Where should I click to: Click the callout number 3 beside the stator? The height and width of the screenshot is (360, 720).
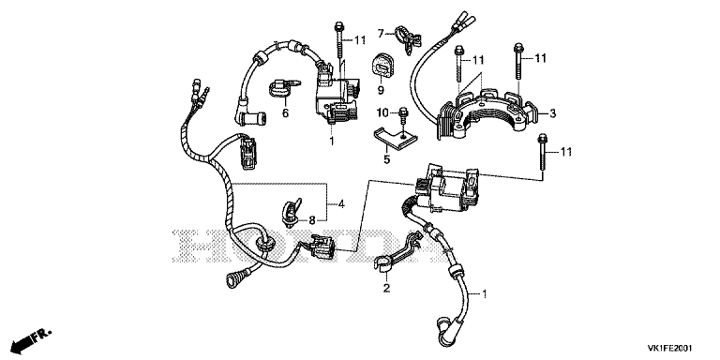coord(553,112)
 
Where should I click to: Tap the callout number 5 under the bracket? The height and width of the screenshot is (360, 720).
coord(386,159)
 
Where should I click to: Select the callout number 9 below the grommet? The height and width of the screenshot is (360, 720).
coord(381,90)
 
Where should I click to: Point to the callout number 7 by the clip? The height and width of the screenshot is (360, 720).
coord(381,34)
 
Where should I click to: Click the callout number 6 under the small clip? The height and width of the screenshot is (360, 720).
coord(285,112)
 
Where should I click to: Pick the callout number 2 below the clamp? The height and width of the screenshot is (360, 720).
coord(386,288)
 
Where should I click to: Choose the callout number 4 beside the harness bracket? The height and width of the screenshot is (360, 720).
coord(341,202)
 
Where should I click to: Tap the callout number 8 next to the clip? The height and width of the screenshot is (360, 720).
coord(312,220)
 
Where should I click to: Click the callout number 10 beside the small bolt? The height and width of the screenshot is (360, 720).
coord(382,112)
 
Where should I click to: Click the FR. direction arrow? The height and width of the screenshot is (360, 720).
coord(31,338)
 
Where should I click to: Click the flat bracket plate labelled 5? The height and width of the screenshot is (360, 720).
coord(395,139)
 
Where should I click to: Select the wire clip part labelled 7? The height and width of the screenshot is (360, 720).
coord(407,40)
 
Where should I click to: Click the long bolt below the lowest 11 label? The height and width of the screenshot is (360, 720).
coord(542,154)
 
